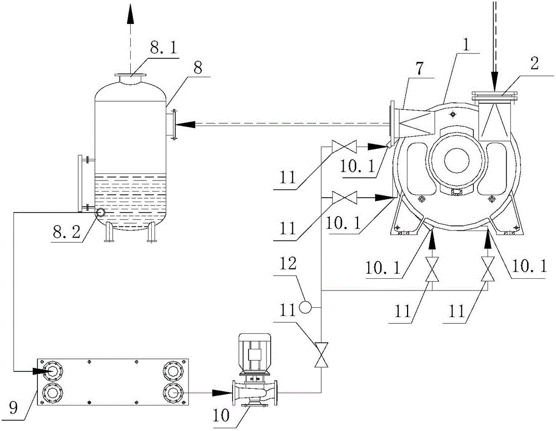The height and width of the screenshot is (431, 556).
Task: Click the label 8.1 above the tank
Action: point(163,49)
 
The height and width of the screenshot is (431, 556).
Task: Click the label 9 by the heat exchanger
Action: point(13,408)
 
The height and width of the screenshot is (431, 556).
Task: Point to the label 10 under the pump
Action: point(222,416)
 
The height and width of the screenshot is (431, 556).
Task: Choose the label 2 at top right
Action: point(534,64)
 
